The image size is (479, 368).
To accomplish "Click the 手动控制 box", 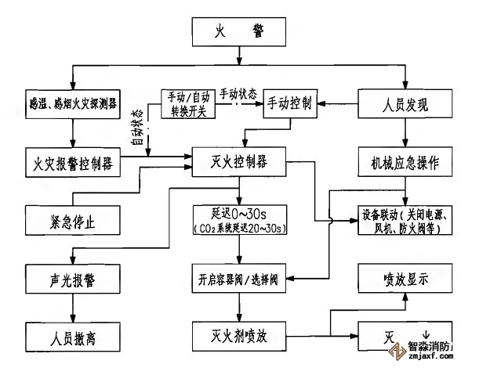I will pos(290,103).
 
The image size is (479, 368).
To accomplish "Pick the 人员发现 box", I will pos(405,103).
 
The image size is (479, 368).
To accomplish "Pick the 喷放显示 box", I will pos(405,278).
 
